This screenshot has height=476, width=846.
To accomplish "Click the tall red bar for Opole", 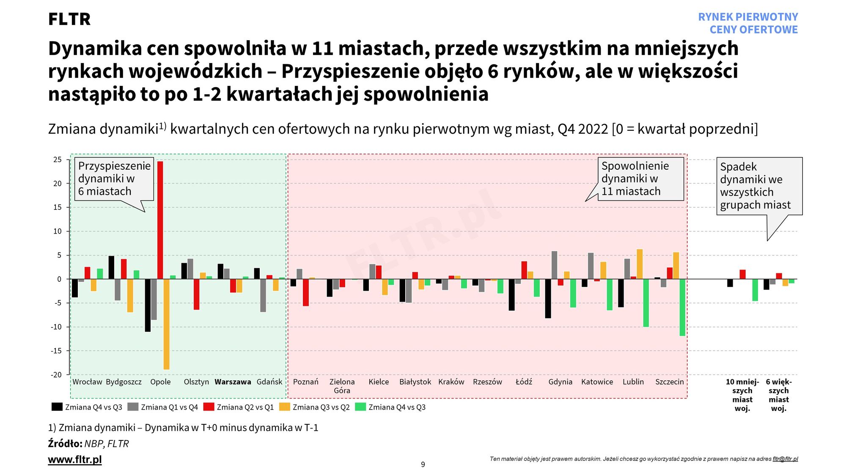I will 160,220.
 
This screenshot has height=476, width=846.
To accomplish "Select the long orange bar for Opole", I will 166,324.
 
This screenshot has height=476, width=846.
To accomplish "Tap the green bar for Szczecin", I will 682,308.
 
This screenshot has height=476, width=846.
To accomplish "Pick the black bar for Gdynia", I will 548,299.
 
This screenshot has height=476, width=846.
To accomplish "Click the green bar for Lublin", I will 646,303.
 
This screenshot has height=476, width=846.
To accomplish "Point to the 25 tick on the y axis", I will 58,160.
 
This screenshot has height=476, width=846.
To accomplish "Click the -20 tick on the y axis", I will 56,374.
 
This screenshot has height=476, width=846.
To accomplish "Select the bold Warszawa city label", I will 233,382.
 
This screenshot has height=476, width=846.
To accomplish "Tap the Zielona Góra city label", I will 342,386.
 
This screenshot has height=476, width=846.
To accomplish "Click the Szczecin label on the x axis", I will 669,382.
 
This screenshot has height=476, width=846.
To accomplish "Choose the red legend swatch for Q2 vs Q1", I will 209,407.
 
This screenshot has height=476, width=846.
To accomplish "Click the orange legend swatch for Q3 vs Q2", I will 285,407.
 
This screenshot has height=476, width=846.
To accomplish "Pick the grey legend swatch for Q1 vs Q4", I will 133,407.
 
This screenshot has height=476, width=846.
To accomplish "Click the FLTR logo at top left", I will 69,19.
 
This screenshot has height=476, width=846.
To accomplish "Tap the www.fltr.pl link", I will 75,459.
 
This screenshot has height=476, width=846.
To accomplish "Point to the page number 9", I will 423,465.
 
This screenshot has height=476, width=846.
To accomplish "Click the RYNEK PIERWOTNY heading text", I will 748,17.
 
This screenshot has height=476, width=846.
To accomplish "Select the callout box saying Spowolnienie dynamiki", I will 640,179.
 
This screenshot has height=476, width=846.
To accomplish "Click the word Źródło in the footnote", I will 65,443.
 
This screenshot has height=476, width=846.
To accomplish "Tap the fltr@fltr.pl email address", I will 785,459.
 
